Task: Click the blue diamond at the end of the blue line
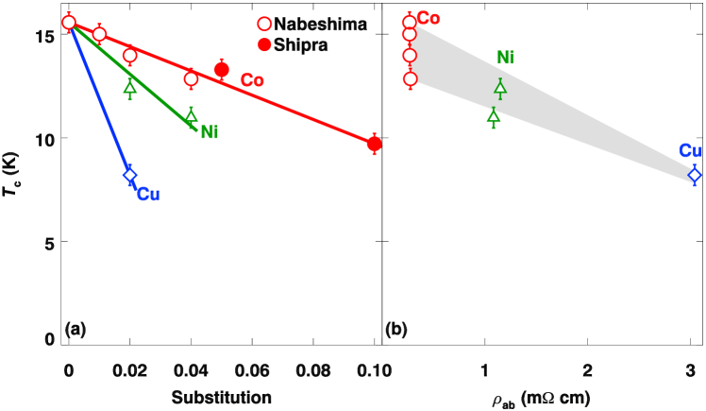click(130, 175)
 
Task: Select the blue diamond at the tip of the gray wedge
click(694, 175)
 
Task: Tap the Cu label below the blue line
click(148, 195)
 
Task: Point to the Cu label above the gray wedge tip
click(690, 151)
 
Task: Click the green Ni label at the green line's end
click(210, 132)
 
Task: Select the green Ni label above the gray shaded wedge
click(505, 59)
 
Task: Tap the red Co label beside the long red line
click(252, 81)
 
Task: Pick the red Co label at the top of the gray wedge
click(429, 19)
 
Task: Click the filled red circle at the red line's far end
click(374, 144)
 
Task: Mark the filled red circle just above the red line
click(221, 69)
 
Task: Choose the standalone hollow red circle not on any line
click(264, 24)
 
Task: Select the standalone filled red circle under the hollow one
click(264, 44)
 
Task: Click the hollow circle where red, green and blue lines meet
click(69, 22)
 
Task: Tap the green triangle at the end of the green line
click(191, 115)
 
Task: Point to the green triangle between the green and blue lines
click(130, 88)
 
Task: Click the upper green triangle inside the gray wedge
click(500, 88)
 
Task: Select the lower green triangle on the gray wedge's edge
click(493, 115)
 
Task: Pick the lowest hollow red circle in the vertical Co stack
click(410, 78)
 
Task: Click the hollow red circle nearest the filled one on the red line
click(191, 78)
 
